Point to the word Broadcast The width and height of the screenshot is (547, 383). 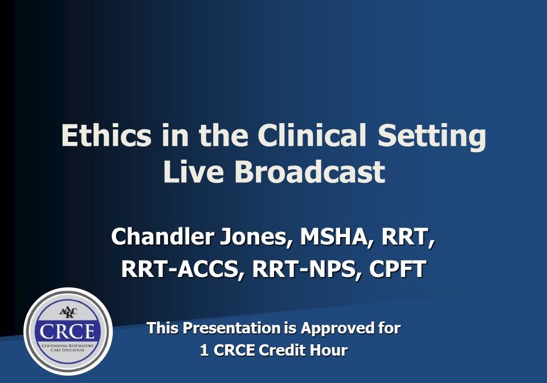(309, 172)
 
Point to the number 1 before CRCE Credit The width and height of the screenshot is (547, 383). (204, 350)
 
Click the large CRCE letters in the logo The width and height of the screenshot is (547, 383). (68, 332)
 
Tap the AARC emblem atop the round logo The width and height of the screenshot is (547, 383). (68, 312)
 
